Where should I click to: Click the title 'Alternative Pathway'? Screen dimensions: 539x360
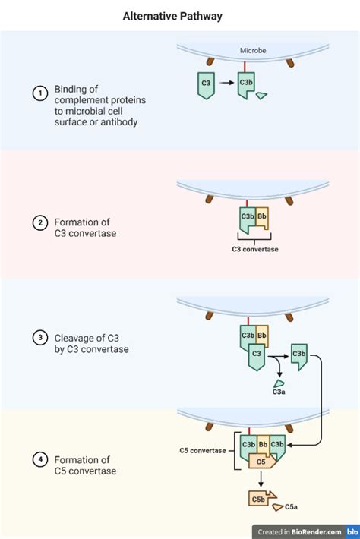(x=172, y=16)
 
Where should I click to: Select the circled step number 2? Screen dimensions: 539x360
(x=39, y=222)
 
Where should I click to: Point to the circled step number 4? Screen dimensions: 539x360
(x=39, y=460)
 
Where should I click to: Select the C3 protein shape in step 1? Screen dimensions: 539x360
(x=206, y=84)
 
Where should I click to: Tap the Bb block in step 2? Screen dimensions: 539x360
(x=262, y=217)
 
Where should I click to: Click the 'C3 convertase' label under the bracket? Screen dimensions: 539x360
(x=255, y=248)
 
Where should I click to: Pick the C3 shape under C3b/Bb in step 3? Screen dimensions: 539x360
(x=256, y=355)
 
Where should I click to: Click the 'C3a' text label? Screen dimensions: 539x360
(x=279, y=392)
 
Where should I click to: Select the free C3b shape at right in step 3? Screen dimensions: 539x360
(x=298, y=356)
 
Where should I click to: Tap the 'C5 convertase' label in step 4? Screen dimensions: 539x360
(x=203, y=450)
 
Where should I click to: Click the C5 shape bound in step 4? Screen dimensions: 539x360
(x=261, y=460)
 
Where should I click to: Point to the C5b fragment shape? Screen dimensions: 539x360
(x=259, y=499)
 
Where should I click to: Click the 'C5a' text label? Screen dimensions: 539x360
(x=291, y=509)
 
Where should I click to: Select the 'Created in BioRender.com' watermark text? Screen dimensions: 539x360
(x=298, y=532)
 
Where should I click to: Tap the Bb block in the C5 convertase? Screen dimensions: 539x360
(x=262, y=444)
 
